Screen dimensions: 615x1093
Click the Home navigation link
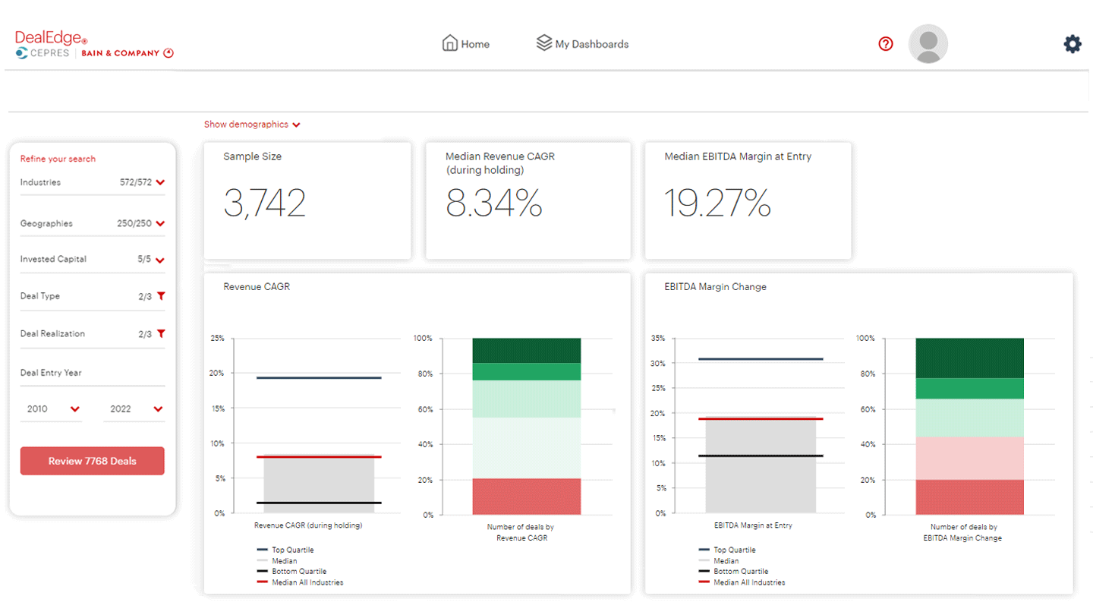466,44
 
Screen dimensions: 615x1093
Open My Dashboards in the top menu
582,44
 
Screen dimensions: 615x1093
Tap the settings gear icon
1072,44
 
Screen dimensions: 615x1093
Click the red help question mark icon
885,44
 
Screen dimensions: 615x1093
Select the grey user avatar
928,44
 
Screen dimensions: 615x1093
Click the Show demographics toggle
252,125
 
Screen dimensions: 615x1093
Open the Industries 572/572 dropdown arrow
160,183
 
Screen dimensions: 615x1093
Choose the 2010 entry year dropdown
52,409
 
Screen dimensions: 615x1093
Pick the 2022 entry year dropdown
135,409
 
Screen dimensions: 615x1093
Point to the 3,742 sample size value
264,203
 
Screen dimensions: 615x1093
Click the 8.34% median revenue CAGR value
493,203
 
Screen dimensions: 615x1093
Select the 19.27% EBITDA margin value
717,203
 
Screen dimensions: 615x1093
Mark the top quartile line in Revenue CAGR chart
319,377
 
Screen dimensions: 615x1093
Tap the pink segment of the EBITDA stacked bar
969,458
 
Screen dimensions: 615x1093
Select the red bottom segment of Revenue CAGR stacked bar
526,497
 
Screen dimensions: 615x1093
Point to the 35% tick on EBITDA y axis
657,339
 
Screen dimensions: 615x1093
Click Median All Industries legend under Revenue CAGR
307,582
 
